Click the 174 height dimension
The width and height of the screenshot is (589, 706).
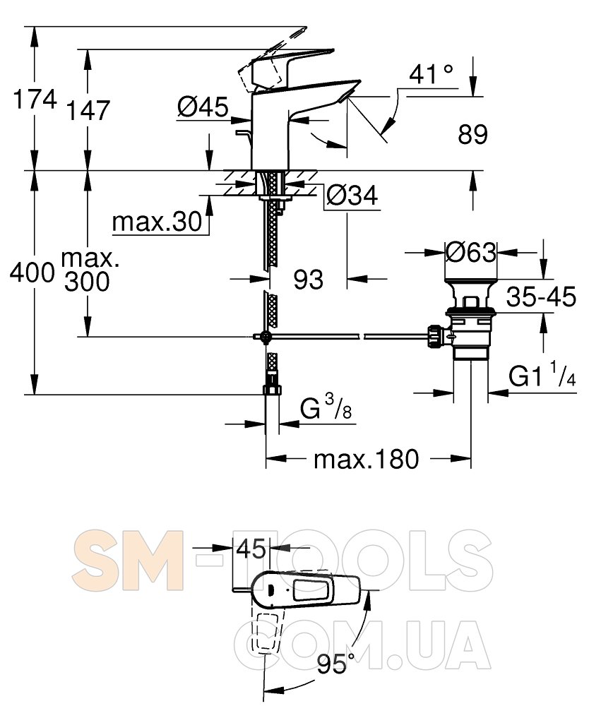pos(35,99)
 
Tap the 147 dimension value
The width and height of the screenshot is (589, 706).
pos(88,111)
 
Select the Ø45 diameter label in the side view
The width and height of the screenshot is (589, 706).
pos(203,107)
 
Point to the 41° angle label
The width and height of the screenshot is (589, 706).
pos(432,74)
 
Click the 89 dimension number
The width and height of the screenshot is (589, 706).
pos(472,134)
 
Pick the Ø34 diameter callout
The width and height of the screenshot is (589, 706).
pos(352,196)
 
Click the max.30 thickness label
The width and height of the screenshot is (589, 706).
pos(157,222)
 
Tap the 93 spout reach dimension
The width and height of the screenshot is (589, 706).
pos(309,280)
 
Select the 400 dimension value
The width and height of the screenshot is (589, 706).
pos(32,273)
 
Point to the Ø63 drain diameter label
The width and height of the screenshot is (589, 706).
pos(471,253)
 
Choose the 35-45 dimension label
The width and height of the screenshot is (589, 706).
pos(541,297)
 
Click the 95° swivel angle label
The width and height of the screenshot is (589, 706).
pos(336,663)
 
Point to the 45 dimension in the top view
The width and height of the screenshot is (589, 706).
pos(251,549)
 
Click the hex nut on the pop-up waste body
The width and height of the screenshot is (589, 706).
pos(436,336)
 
